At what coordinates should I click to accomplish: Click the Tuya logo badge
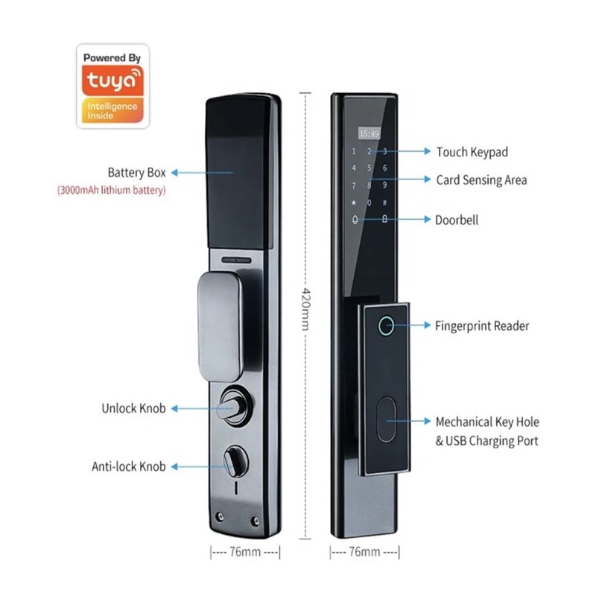(112, 86)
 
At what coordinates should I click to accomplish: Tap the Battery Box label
(136, 173)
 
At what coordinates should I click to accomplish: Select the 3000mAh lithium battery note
(112, 191)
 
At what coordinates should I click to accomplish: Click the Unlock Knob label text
(133, 408)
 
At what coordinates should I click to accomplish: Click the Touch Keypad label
(472, 152)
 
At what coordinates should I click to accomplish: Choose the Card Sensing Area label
(481, 180)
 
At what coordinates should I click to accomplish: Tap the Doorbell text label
(456, 220)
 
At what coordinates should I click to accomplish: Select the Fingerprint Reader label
(481, 326)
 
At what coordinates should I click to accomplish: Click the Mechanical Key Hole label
(487, 422)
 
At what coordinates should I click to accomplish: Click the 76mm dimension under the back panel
(244, 552)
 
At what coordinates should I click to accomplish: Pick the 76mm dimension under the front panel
(365, 552)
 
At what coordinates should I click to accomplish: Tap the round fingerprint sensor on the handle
(386, 326)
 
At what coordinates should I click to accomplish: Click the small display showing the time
(368, 133)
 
